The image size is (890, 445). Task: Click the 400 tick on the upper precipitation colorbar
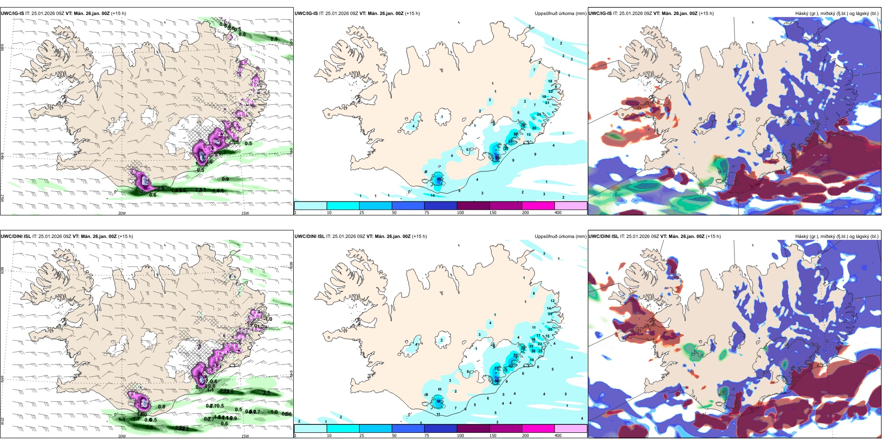(x=558, y=213)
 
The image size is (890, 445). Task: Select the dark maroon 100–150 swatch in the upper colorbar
(x=473, y=206)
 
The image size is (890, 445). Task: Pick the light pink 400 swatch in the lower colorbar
(x=571, y=429)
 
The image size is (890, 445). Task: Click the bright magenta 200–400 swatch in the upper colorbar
(x=538, y=206)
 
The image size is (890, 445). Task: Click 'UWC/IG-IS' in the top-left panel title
(x=12, y=14)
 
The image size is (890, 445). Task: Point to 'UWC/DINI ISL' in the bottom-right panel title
(x=604, y=237)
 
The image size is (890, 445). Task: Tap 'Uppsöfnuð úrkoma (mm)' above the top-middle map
(x=560, y=14)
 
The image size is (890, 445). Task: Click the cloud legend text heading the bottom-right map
(x=837, y=237)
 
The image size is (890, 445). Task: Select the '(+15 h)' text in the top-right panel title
(x=706, y=14)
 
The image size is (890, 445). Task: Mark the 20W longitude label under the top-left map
(x=122, y=213)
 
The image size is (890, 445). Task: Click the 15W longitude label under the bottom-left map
(x=245, y=436)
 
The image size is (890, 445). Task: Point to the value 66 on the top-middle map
(x=439, y=179)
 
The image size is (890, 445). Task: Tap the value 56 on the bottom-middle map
(x=439, y=401)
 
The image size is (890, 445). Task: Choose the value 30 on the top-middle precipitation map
(x=534, y=128)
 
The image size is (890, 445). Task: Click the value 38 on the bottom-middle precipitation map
(x=533, y=351)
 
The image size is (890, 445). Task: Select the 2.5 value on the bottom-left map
(x=267, y=393)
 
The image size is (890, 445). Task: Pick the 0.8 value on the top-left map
(x=242, y=34)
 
